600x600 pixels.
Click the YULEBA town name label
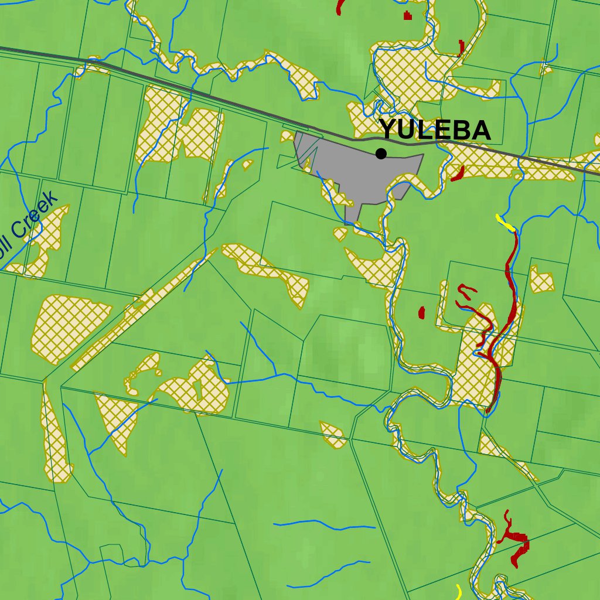click(435, 130)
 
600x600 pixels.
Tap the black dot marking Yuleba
click(381, 154)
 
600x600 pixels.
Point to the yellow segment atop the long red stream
click(505, 223)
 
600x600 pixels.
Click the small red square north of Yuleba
click(408, 16)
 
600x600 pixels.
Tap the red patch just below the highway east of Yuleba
click(458, 173)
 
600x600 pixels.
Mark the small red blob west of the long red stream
click(421, 312)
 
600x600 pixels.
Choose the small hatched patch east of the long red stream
click(542, 280)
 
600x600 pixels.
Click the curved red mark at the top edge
click(340, 7)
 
